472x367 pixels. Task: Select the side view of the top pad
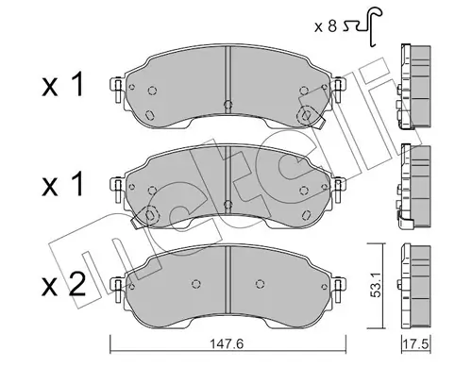click(412, 83)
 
